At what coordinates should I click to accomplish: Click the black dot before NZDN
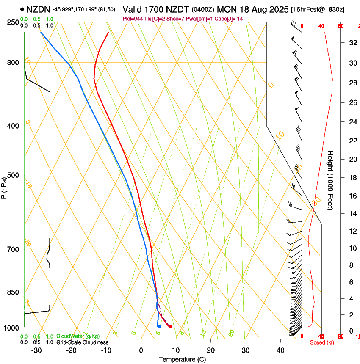[22, 9]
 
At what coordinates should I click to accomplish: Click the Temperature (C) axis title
[182, 360]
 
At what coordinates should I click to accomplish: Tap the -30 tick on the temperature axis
[36, 350]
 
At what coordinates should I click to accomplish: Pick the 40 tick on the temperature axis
[280, 350]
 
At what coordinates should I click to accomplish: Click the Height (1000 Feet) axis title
[330, 180]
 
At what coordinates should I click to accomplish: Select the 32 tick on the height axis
[352, 42]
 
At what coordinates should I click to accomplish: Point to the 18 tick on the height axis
[352, 178]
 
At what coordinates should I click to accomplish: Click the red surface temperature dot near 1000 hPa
[170, 327]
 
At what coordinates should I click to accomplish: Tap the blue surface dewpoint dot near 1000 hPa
[159, 327]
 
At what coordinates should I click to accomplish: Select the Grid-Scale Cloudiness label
[82, 342]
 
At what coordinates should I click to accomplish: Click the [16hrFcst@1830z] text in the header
[324, 9]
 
